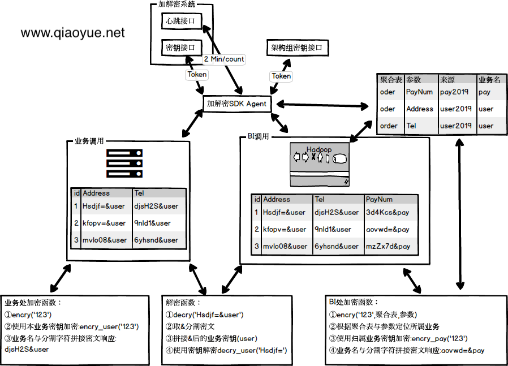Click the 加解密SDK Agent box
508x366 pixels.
point(236,104)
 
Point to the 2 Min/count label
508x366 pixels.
point(224,59)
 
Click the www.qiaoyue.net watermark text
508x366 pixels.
point(72,33)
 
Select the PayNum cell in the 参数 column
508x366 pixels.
point(419,92)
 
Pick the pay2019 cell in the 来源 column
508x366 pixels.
point(454,92)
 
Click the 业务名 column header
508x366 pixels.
point(489,80)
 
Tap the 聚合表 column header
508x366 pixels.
point(391,80)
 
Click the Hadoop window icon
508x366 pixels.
point(320,163)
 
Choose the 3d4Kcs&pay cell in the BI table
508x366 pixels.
point(388,213)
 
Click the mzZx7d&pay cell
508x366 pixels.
point(388,247)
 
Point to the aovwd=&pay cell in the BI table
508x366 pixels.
point(388,230)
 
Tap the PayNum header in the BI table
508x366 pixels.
point(379,199)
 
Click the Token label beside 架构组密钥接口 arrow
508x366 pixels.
point(281,76)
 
